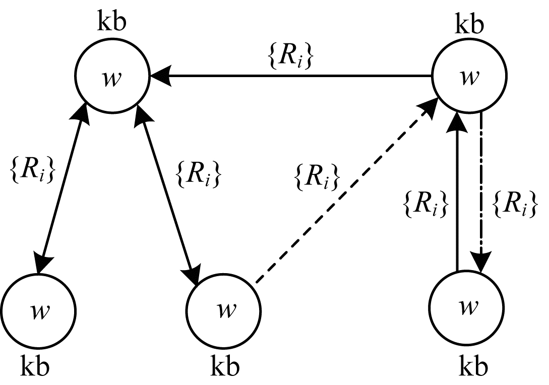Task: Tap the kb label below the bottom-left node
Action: point(35,366)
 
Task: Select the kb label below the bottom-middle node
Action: point(225,366)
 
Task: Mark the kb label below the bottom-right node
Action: point(473,366)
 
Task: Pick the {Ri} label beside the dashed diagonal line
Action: point(318,177)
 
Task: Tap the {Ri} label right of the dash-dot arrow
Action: point(514,205)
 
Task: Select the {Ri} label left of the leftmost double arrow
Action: point(33,170)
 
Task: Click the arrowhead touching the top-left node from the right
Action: point(160,76)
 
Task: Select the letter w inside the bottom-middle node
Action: point(226,309)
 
